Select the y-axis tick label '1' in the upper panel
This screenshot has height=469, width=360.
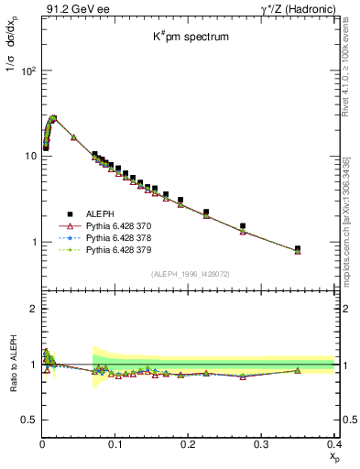33,243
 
